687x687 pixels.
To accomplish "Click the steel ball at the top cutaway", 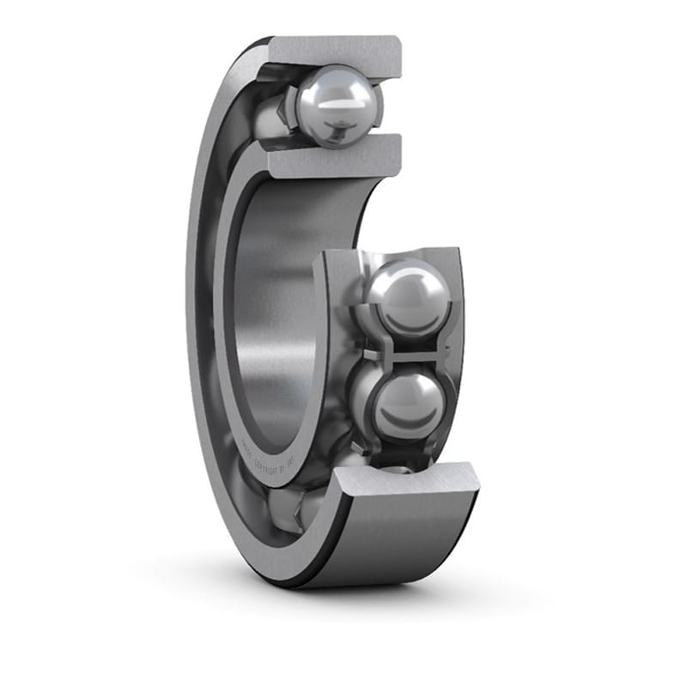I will (x=337, y=106).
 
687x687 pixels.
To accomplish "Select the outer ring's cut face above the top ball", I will (x=335, y=52).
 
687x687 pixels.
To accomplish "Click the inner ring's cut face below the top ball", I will (x=335, y=156).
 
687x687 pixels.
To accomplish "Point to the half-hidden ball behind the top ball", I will (x=273, y=116).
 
